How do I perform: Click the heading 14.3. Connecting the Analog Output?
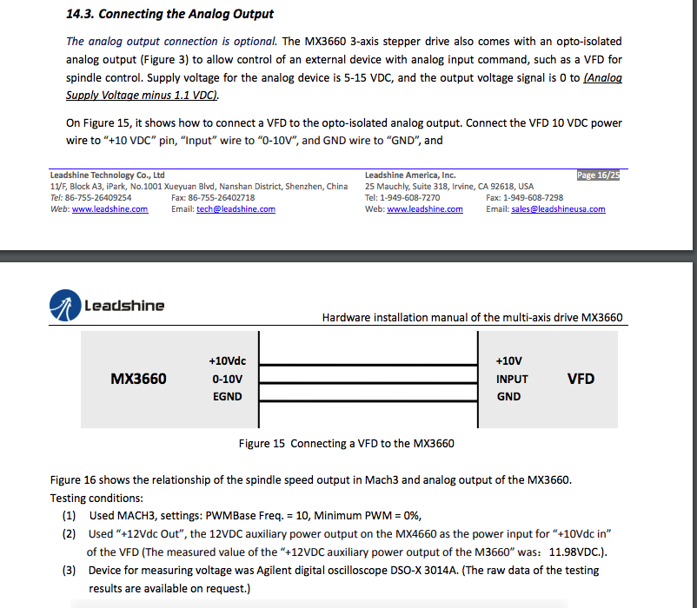[x=169, y=14]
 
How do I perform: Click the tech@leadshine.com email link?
[x=236, y=209]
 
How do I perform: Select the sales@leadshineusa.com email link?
[x=558, y=209]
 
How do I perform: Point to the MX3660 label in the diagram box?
[x=138, y=379]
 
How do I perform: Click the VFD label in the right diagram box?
[x=581, y=379]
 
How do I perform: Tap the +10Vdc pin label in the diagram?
[x=228, y=360]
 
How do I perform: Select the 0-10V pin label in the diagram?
[x=228, y=379]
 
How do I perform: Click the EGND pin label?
[x=228, y=397]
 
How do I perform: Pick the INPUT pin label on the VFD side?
[x=512, y=379]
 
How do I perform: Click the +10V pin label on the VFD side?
[x=508, y=360]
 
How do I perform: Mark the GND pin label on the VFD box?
[x=508, y=397]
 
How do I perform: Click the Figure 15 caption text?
[x=346, y=444]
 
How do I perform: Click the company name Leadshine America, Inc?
[x=410, y=175]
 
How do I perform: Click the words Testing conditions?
[x=97, y=499]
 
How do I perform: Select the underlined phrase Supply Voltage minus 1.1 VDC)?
[x=143, y=95]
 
